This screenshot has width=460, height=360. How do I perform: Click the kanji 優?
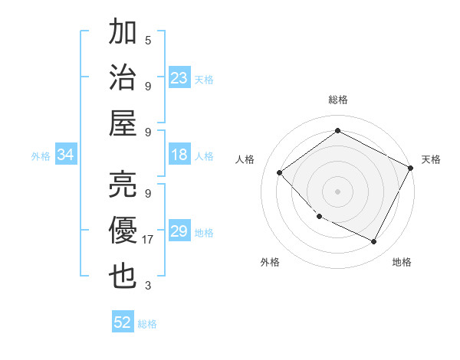tap(123, 230)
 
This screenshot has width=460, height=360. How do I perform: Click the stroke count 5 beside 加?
tap(148, 39)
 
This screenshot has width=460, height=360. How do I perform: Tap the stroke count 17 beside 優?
tap(149, 240)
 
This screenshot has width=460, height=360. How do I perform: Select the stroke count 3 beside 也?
tap(148, 286)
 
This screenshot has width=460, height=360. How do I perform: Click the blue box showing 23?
tap(179, 78)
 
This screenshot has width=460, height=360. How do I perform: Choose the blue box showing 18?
tap(179, 155)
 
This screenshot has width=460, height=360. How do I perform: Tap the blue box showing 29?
tap(179, 232)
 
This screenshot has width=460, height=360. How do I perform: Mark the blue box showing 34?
tap(66, 155)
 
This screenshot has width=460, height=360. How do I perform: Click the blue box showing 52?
tap(123, 322)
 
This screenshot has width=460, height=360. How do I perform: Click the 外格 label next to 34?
tap(41, 156)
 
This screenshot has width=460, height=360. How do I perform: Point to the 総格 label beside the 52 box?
tap(147, 324)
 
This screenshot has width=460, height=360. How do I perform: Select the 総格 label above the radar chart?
tap(337, 100)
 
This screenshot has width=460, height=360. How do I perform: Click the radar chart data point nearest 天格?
tap(412, 168)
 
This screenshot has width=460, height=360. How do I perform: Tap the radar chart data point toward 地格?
tap(374, 242)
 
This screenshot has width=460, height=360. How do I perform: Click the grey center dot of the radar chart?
tap(337, 191)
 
